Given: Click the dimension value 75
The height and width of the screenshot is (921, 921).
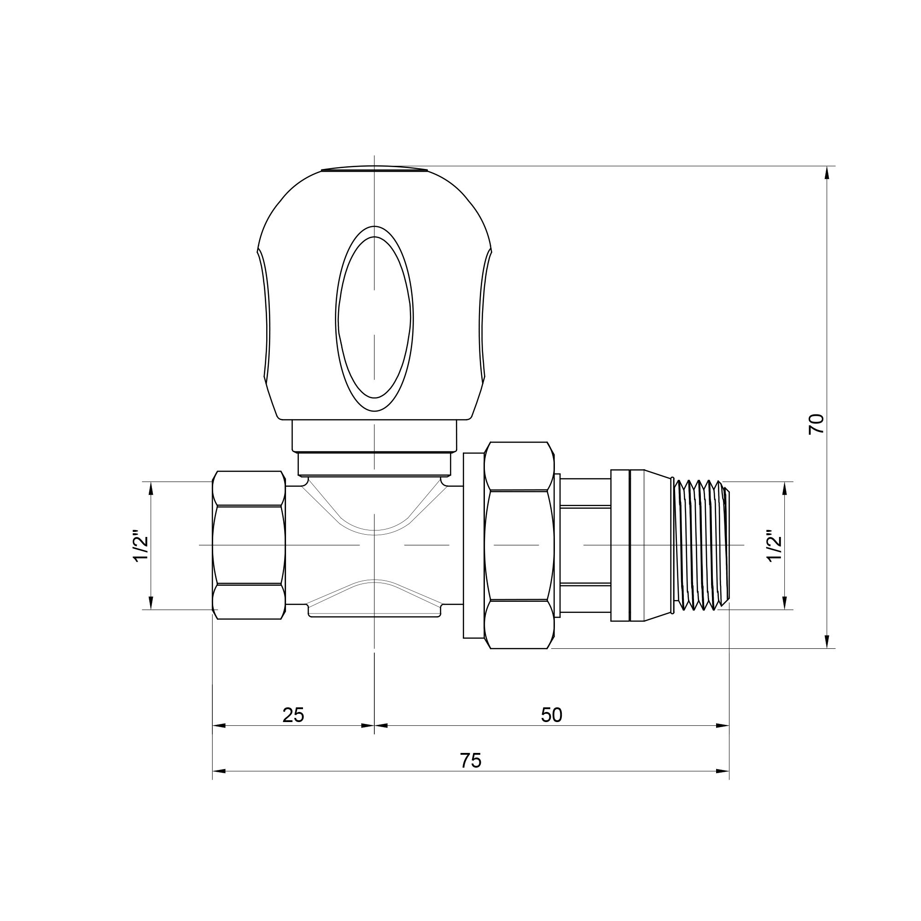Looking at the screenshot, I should (x=471, y=760).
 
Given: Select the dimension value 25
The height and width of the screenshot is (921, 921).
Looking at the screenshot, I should (x=293, y=715).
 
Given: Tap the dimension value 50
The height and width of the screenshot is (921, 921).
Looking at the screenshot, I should (x=552, y=715).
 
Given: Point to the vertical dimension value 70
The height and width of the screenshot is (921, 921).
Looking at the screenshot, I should (x=816, y=424).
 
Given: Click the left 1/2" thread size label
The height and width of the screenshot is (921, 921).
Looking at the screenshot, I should (x=141, y=545).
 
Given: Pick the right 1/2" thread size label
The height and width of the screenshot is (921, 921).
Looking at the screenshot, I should (x=775, y=545).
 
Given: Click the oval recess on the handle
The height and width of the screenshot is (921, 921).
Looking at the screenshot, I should (x=374, y=318).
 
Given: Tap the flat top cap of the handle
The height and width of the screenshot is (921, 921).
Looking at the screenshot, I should (x=374, y=168).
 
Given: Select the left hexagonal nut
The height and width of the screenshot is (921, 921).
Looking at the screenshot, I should (x=248, y=545).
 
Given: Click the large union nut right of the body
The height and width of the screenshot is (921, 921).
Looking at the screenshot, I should (x=519, y=545).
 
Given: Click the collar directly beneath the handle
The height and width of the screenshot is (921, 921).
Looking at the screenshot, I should (x=374, y=435).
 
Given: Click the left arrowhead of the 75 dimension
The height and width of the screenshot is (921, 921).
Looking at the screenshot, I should (x=219, y=771).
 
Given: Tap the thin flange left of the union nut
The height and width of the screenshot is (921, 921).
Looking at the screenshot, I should (x=473, y=545).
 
